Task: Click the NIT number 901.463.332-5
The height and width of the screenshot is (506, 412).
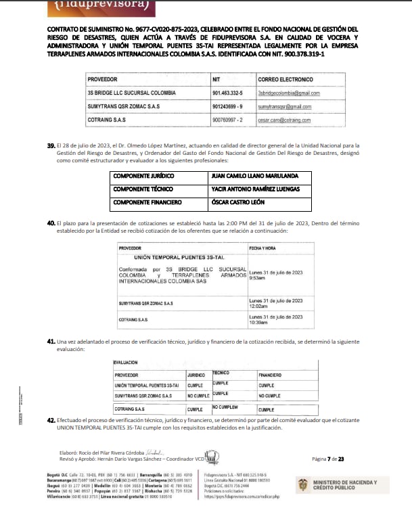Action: pos(227,92)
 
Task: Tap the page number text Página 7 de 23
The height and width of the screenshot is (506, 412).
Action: pos(329,459)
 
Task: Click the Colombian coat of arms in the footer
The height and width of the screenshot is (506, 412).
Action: pos(304,484)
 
